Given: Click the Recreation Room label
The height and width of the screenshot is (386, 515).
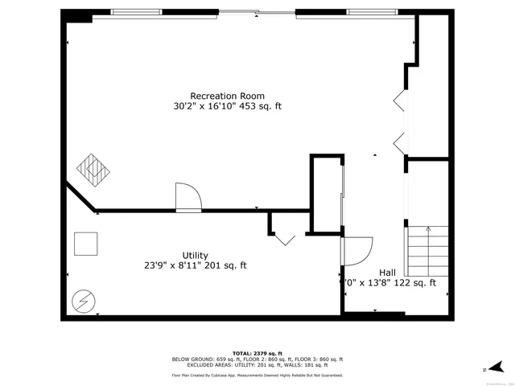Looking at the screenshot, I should [x=227, y=96].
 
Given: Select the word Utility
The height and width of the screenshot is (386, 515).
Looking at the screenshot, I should [x=196, y=255].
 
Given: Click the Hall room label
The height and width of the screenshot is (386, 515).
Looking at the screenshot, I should [x=388, y=272].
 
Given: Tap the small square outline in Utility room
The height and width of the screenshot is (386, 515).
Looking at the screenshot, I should [x=86, y=243].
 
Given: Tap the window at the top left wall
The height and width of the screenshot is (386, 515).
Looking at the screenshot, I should [x=136, y=12].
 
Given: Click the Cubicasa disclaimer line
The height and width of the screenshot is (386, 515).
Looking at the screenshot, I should [x=257, y=376].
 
